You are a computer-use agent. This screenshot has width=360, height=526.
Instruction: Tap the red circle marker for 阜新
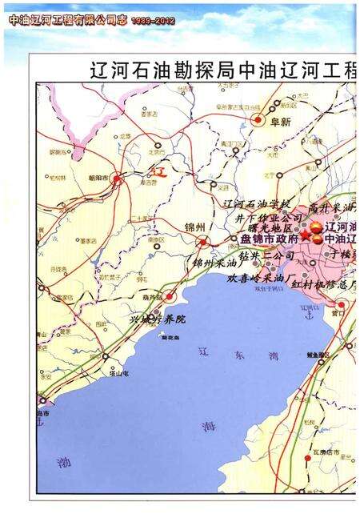pyautogui.click(x=258, y=119)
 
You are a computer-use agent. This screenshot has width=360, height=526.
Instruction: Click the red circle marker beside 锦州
pyautogui.click(x=204, y=240)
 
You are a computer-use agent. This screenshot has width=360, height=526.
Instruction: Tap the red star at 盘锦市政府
pyautogui.click(x=304, y=238)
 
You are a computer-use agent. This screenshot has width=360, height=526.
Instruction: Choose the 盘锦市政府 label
pyautogui.click(x=270, y=239)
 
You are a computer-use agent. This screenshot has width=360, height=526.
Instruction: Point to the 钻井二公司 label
pyautogui.click(x=266, y=255)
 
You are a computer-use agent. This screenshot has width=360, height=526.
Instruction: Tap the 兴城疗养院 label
pyautogui.click(x=158, y=319)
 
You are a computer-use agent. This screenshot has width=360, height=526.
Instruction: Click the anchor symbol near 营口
pyautogui.click(x=307, y=315)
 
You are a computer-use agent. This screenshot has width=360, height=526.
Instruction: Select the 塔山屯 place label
pyautogui.click(x=120, y=373)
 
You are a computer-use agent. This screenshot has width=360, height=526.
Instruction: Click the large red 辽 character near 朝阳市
pyautogui.click(x=158, y=171)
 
